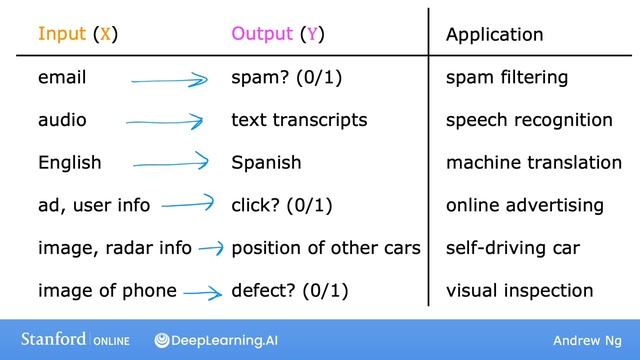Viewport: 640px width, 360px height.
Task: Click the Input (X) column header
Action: click(x=78, y=34)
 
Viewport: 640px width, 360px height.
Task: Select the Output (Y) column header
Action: click(x=277, y=34)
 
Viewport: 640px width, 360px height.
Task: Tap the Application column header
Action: click(x=494, y=35)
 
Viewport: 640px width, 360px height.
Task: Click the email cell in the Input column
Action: click(x=61, y=77)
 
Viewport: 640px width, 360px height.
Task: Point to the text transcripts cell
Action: click(x=299, y=120)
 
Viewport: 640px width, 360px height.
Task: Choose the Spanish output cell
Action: click(x=266, y=162)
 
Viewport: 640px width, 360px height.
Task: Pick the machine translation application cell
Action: click(x=533, y=162)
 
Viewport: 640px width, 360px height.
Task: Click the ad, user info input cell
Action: click(x=94, y=206)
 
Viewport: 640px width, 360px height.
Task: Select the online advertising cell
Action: click(x=524, y=206)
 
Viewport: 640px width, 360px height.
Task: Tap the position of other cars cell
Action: click(x=325, y=248)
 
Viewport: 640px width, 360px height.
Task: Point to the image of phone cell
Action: click(x=107, y=291)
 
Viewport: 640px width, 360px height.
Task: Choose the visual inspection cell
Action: click(x=519, y=291)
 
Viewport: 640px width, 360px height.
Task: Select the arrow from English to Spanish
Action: click(x=170, y=162)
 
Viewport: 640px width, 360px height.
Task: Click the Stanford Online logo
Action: click(x=71, y=340)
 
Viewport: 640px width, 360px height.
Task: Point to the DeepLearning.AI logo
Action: click(x=216, y=340)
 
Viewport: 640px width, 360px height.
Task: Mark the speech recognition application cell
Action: click(x=529, y=120)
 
